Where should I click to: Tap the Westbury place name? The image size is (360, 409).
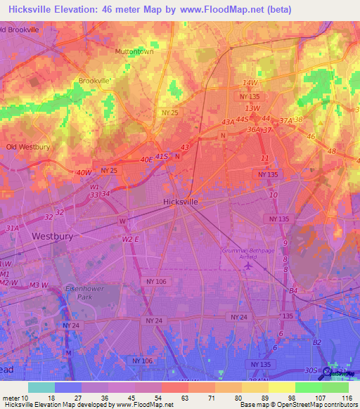coord(52,237)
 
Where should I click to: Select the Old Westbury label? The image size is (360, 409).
coord(27,147)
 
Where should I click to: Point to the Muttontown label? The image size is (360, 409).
coord(134,52)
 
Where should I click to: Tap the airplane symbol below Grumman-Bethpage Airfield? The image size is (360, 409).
coord(245,268)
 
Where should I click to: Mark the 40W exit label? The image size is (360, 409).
coord(84,173)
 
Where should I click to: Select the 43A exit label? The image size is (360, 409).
coord(227,122)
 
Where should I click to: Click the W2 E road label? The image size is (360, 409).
coord(131,239)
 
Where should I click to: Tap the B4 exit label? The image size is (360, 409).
coord(293,290)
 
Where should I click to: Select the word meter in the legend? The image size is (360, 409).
coord(12,397)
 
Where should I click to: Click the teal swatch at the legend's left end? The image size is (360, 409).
coord(41,387)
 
